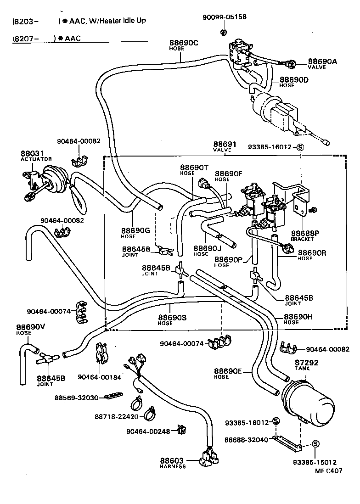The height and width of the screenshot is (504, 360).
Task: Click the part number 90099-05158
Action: tap(225, 17)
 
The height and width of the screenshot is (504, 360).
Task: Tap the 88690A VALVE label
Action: tap(322, 63)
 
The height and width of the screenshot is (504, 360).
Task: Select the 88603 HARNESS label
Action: tap(172, 463)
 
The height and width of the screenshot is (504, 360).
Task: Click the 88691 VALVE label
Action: tap(223, 146)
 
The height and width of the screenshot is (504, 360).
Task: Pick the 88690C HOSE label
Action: tap(183, 45)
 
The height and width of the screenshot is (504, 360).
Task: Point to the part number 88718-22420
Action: tap(117, 416)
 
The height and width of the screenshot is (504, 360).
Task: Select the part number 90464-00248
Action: tap(148, 431)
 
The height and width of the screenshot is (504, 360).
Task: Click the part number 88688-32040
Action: tap(246, 440)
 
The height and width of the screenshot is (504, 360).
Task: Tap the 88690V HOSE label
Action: tap(31, 330)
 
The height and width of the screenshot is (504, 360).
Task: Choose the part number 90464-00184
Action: tap(99, 377)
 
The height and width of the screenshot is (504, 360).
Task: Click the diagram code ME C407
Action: tap(328, 470)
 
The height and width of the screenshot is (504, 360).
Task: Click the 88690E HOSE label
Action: tap(228, 373)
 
